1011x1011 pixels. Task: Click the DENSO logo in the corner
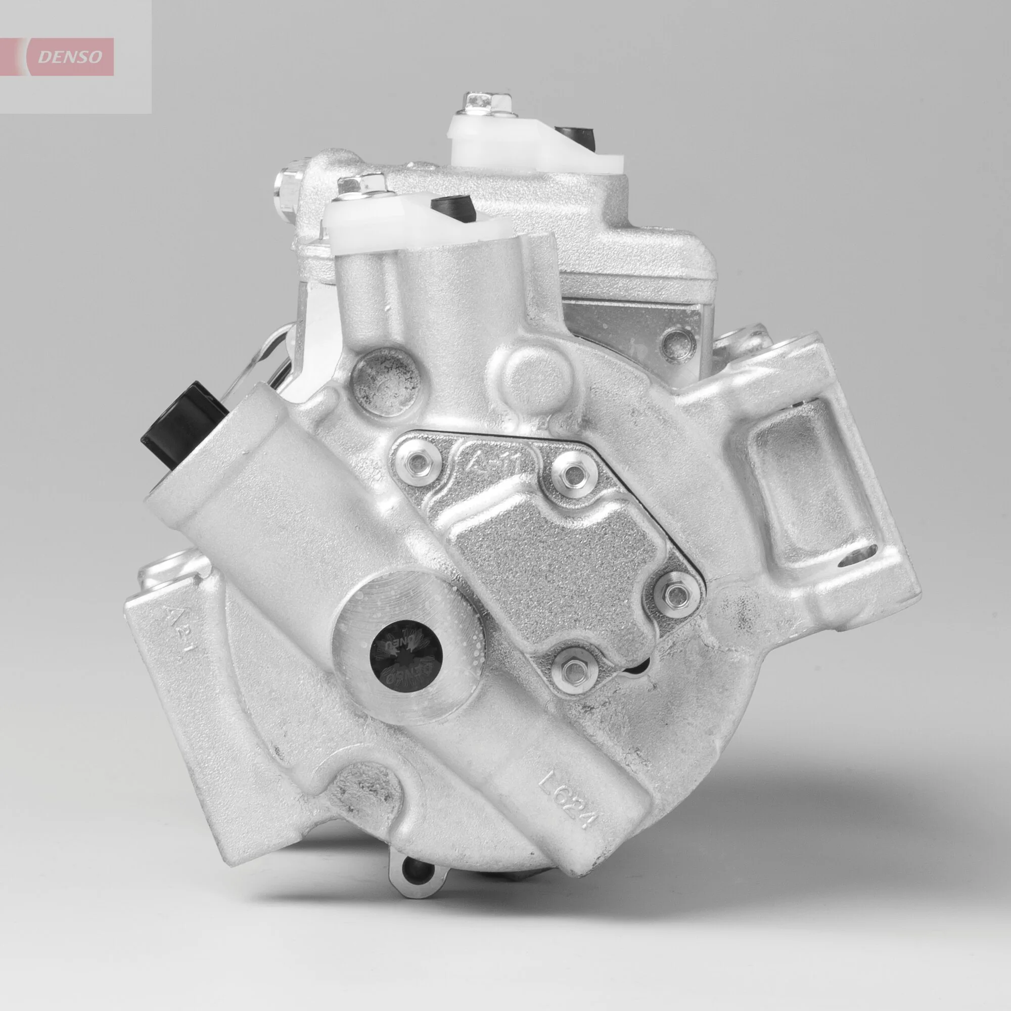point(70,57)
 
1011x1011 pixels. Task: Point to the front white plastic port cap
point(408,230)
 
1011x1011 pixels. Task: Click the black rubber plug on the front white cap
point(452,206)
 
